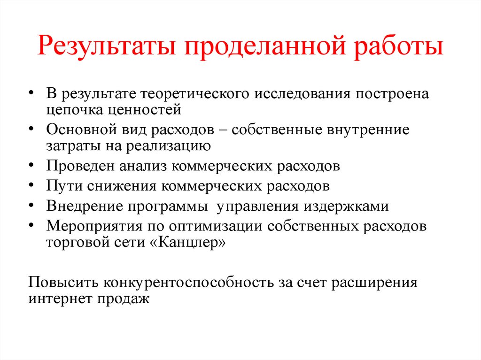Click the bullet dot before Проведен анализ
coord(31,166)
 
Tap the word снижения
coord(122,186)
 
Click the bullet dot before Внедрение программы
coord(31,205)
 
